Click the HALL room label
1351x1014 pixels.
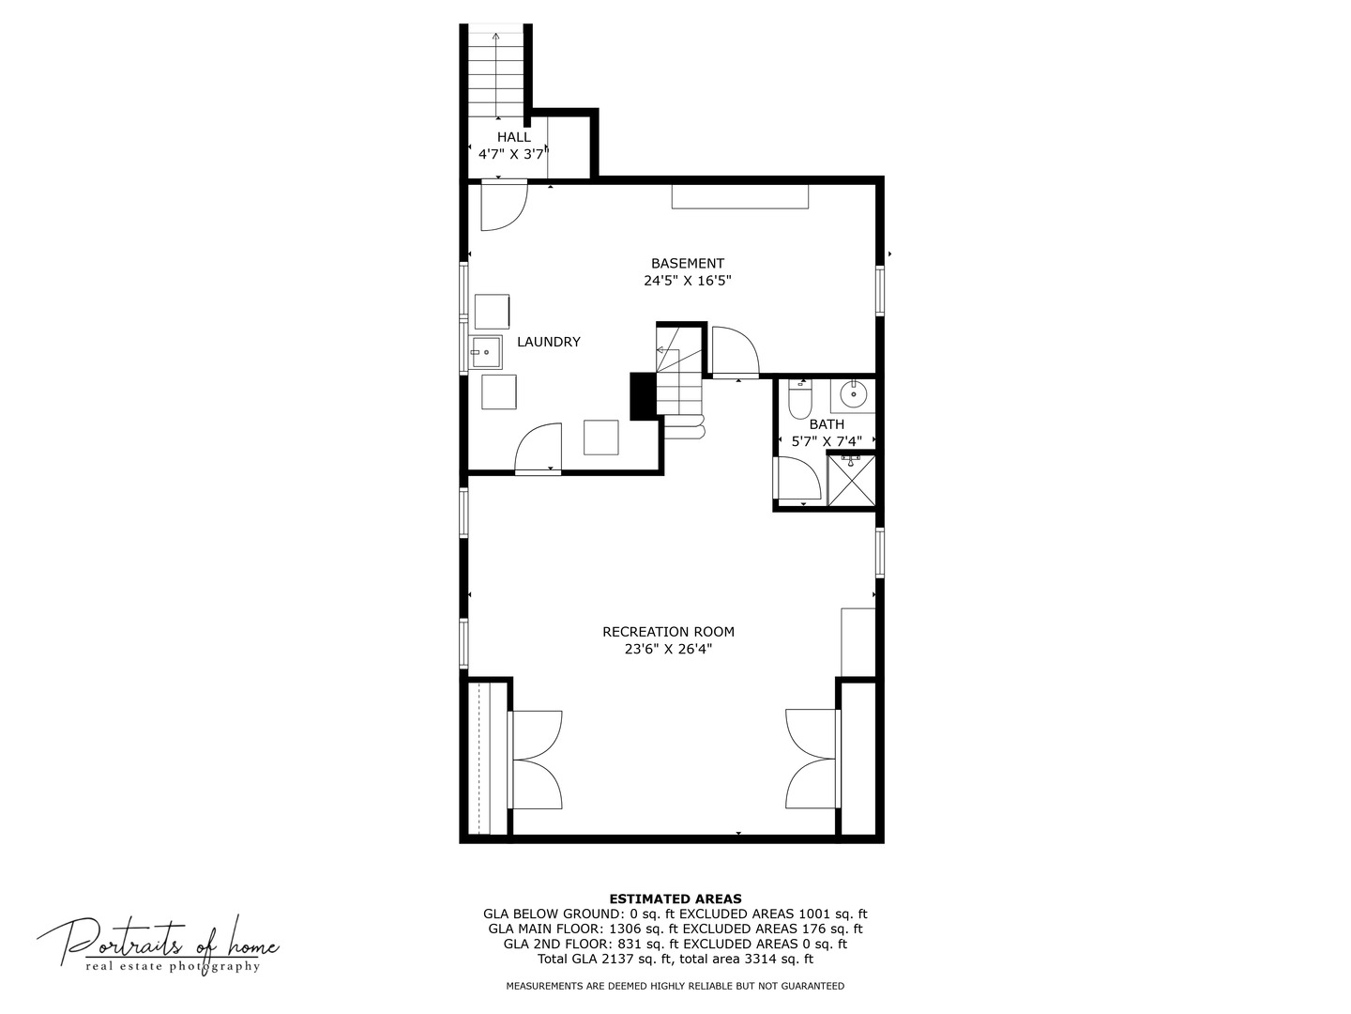[513, 137]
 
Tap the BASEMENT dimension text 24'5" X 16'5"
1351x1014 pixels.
[688, 281]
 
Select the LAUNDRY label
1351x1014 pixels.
[549, 342]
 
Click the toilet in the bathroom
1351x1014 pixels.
[799, 401]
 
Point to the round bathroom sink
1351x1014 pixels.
[854, 395]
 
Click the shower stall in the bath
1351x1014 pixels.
[851, 480]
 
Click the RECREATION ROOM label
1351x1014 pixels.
[668, 632]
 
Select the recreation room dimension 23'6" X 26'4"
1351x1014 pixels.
[668, 649]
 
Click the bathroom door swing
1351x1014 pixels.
[797, 479]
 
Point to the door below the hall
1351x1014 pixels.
[502, 207]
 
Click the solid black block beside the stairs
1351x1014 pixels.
[642, 396]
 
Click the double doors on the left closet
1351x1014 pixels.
[537, 760]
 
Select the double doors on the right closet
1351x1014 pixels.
[811, 760]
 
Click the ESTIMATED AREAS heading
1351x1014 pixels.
[675, 899]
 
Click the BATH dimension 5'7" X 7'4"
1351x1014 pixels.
[827, 440]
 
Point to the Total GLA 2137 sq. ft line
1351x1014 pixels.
[675, 959]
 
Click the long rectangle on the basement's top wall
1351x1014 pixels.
[739, 196]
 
